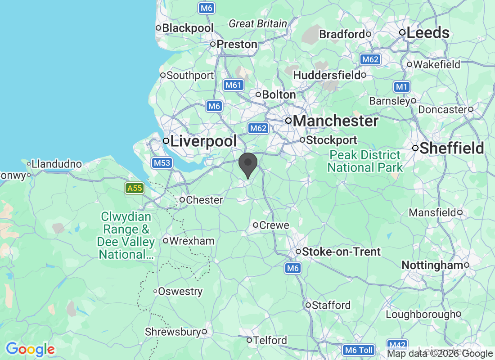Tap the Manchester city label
coord(336,121)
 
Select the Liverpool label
coord(203,141)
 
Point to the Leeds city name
coord(427,33)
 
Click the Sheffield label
coord(452,148)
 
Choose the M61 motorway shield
coord(233,85)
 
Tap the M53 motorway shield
coord(162,163)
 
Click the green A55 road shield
coord(135,188)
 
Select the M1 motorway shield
coord(401,87)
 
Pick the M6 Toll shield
coord(358,350)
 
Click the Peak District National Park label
coord(364,162)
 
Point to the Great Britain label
coord(257,24)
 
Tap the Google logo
coord(30,349)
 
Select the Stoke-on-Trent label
coord(342,252)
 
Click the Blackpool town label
coord(188,28)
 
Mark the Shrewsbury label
coord(172,332)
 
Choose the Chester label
coord(204,200)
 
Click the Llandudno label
coord(57,164)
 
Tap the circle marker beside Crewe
coord(256,225)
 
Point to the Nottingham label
coord(432,265)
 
